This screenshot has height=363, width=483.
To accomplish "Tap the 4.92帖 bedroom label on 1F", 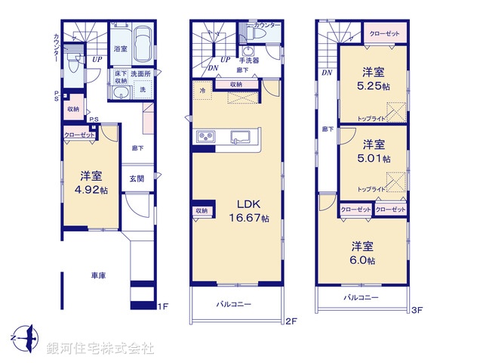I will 89,184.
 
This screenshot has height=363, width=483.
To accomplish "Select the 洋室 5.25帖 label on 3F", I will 373,79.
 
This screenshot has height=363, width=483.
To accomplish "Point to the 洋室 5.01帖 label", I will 373,151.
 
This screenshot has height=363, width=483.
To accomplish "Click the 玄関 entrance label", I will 136,178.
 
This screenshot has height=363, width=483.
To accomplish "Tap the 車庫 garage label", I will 98,276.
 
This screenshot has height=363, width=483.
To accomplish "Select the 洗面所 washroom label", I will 141,74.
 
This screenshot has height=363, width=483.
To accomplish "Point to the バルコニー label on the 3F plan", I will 361,298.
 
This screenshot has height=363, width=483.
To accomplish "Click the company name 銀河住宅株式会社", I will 100,348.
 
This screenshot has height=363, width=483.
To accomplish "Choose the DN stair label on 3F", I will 326,73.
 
